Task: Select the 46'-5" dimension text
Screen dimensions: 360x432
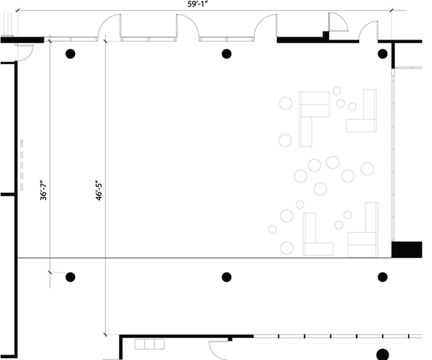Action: [x=99, y=189]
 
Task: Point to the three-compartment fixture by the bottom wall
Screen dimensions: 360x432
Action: [x=149, y=344]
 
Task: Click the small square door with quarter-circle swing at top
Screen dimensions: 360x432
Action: [x=337, y=23]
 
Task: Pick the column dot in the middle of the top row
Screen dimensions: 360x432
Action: [x=226, y=53]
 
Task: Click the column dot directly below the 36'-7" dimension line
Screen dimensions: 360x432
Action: [x=70, y=277]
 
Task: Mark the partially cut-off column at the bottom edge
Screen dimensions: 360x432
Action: [x=382, y=354]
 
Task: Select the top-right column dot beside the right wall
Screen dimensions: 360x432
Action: [x=382, y=53]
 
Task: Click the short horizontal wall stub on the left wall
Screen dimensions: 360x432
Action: [x=8, y=194]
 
